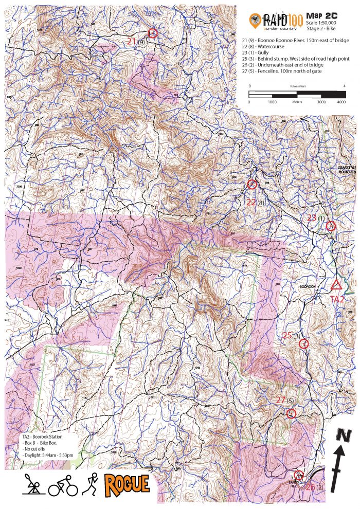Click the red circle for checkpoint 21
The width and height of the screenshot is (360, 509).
152,33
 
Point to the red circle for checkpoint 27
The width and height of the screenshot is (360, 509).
291,413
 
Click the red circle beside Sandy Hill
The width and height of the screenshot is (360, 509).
298,475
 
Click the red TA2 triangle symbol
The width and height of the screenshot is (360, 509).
337,285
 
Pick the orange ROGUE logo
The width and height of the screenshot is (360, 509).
127,484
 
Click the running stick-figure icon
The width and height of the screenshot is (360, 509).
91,484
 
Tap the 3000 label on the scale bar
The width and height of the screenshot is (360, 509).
321,102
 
